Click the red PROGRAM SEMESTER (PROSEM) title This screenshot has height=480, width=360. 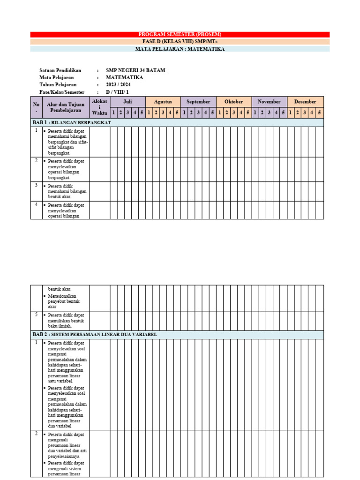click(x=180, y=34)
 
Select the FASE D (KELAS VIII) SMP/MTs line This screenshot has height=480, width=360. click(x=180, y=42)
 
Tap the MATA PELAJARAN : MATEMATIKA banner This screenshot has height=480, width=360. click(x=180, y=49)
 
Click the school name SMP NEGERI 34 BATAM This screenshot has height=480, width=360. click(x=135, y=71)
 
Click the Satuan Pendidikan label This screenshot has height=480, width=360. click(x=60, y=71)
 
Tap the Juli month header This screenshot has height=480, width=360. click(x=127, y=102)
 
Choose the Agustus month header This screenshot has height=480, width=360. click(x=163, y=102)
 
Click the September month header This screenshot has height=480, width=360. click(x=199, y=102)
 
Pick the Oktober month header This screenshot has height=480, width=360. click(x=234, y=102)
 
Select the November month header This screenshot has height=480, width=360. click(x=269, y=102)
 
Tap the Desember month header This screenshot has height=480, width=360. click(x=305, y=102)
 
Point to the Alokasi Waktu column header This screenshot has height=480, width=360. click(x=99, y=107)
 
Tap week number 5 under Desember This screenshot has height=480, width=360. click(x=319, y=112)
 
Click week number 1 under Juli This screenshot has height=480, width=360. click(x=113, y=112)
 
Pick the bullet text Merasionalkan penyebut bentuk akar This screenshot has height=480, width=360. click(x=65, y=301)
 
